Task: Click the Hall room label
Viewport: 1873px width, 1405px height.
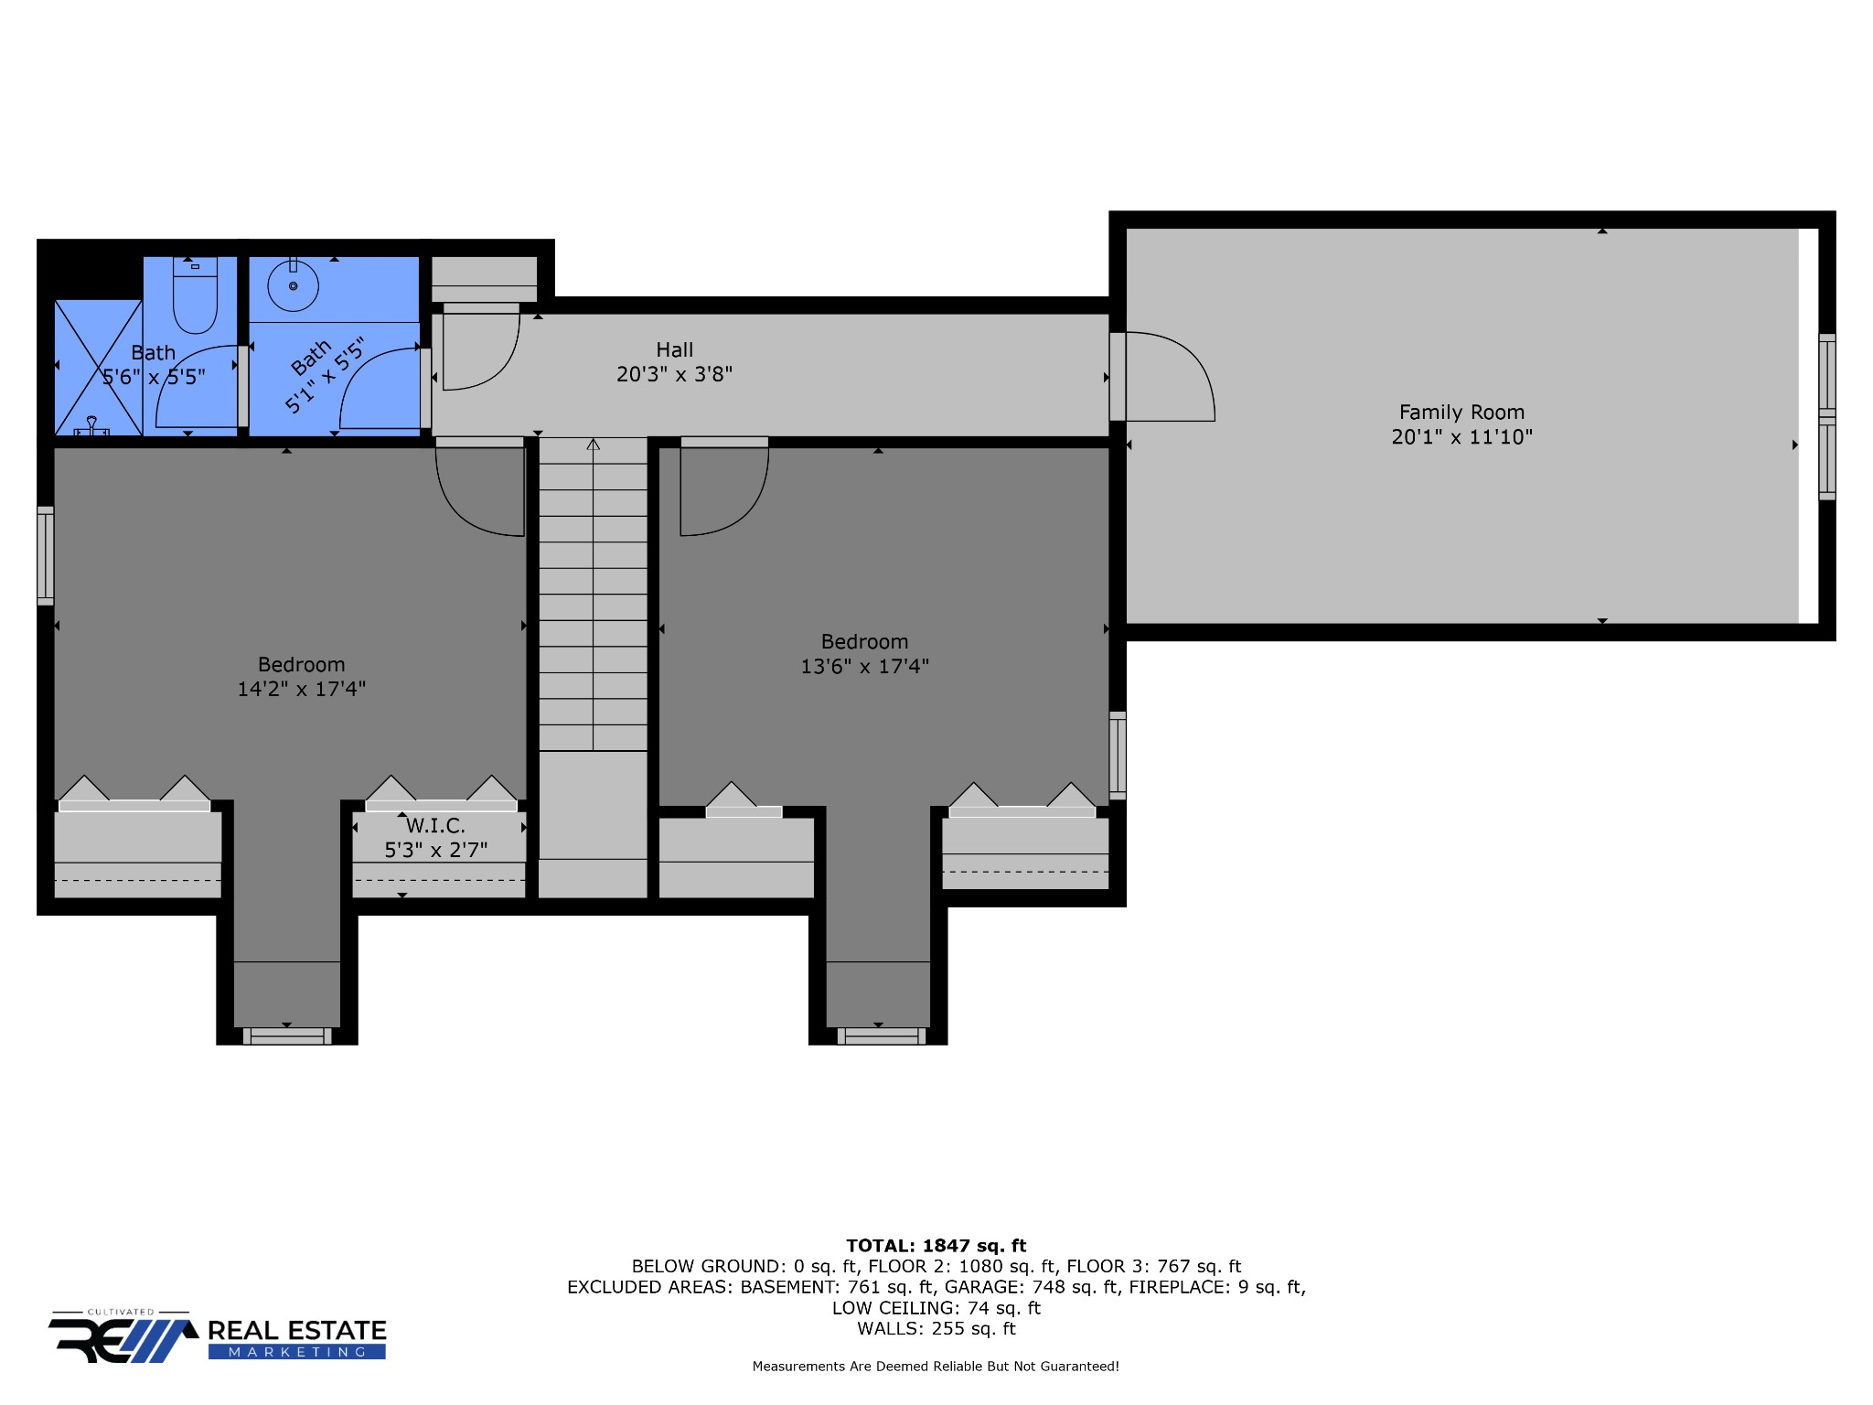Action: [674, 349]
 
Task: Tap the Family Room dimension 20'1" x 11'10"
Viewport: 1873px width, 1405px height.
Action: [1461, 437]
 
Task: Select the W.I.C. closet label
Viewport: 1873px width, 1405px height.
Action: [435, 826]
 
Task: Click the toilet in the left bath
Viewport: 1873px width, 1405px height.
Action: [195, 297]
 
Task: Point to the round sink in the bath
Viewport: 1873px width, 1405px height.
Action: [293, 285]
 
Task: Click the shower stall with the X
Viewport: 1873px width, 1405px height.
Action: [98, 367]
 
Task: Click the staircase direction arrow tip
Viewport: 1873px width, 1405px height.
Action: [594, 444]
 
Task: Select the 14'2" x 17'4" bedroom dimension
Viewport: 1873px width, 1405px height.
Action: [301, 689]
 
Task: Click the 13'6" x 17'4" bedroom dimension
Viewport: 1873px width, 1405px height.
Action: [864, 666]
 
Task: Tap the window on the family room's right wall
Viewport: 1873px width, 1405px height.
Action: [1826, 416]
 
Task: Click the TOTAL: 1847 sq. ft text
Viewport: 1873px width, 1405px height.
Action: [936, 1245]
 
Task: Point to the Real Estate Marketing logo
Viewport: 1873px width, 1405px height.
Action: [218, 1339]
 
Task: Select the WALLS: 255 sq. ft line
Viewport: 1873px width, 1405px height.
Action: [936, 1328]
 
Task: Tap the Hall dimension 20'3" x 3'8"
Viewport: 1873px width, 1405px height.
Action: [674, 374]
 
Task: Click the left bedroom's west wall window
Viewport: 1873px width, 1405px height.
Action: [45, 555]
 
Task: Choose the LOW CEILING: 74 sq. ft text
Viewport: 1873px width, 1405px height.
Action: [936, 1308]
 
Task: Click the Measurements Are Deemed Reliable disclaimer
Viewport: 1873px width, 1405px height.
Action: [935, 1367]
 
